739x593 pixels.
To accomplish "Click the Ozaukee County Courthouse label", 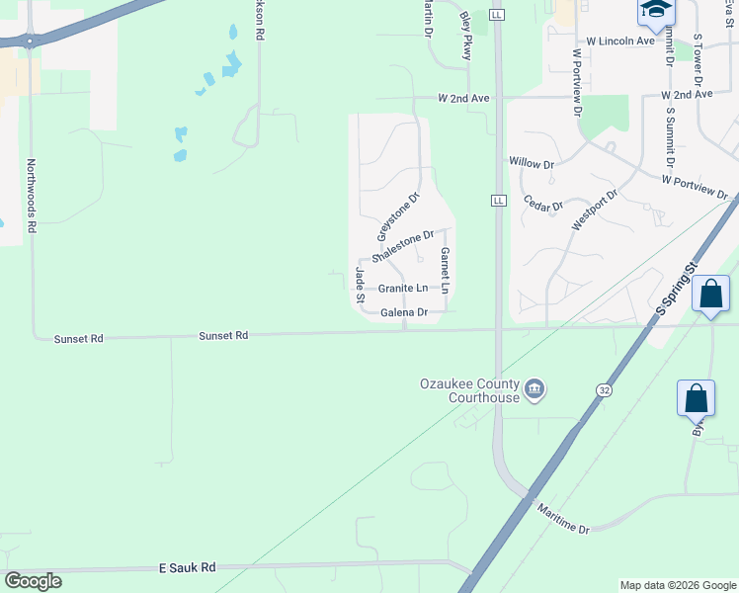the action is [469, 389].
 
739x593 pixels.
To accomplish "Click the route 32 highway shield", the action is [602, 390].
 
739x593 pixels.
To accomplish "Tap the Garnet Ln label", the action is [445, 270].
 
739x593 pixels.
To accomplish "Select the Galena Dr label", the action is [403, 312].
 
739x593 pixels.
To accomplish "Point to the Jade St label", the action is [360, 285].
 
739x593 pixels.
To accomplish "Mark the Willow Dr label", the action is [532, 161].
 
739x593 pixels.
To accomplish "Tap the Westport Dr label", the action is [593, 210].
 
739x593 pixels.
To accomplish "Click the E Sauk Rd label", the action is [187, 568].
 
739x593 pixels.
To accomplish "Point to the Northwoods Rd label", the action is [32, 195].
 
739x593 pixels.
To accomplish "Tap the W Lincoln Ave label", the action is [620, 42].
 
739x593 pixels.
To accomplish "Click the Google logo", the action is [33, 581].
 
